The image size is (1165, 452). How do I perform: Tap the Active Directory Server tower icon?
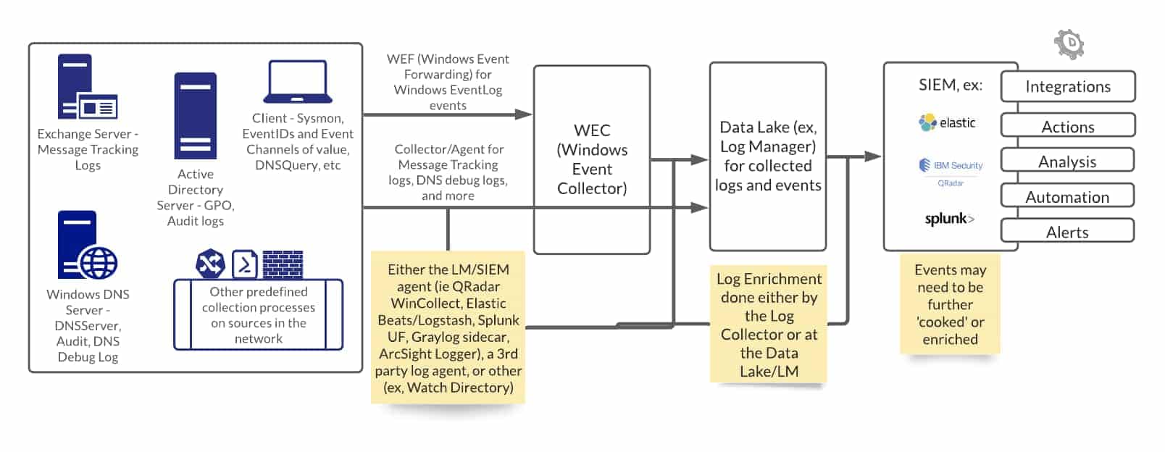tap(195, 115)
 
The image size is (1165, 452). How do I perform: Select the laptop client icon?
tap(298, 82)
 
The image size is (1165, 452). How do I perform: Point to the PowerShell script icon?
tap(245, 264)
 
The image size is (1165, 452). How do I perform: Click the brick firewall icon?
tap(283, 264)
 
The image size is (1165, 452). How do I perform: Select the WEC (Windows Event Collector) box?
tap(591, 159)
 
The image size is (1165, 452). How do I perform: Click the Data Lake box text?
tap(767, 156)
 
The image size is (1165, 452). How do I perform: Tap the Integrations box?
tap(1067, 87)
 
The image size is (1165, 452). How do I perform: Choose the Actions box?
tap(1067, 126)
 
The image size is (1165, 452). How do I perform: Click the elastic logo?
tap(948, 122)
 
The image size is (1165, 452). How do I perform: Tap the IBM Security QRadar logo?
tap(951, 170)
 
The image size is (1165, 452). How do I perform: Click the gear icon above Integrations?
tap(1069, 44)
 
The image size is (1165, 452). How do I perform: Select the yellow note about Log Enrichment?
tap(769, 325)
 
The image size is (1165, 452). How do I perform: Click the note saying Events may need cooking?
tap(950, 304)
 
